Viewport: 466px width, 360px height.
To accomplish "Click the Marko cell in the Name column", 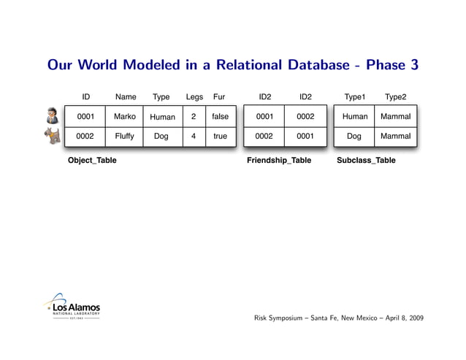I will [x=125, y=117].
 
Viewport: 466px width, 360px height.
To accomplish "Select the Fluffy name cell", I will [x=125, y=136].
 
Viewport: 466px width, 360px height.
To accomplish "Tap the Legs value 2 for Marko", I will [x=194, y=117].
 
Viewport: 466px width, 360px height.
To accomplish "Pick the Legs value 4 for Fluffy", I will [x=194, y=136].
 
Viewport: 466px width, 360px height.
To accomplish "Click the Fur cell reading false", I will [x=220, y=117].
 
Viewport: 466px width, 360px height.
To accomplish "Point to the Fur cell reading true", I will [x=220, y=136].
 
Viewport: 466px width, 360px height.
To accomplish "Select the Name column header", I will [x=125, y=97].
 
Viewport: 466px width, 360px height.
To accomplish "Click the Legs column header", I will [x=194, y=97].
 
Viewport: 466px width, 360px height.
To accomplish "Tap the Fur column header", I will [x=219, y=97].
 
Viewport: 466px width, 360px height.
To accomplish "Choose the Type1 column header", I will [x=355, y=97].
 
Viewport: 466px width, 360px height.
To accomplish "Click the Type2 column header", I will [x=395, y=97].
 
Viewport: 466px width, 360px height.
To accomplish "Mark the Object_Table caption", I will [x=92, y=161].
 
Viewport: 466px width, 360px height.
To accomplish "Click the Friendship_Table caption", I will [x=279, y=161].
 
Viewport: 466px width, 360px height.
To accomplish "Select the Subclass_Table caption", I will [x=366, y=161].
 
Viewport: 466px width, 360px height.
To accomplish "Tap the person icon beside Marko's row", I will [x=52, y=117].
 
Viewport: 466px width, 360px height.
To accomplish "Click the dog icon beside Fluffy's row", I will [x=52, y=137].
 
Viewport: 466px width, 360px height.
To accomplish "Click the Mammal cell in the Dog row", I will [x=395, y=136].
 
